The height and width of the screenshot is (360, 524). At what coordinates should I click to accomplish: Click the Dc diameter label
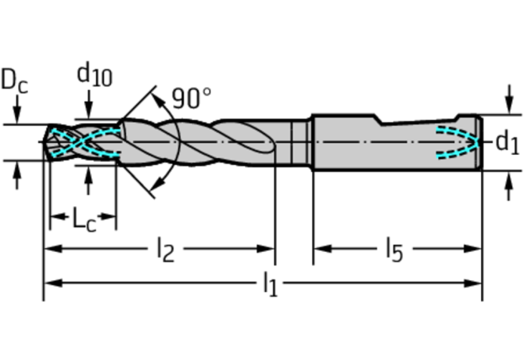tap(14, 81)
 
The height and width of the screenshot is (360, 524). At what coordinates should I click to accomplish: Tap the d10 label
tap(95, 74)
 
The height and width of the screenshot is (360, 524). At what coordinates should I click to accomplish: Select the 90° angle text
tap(192, 98)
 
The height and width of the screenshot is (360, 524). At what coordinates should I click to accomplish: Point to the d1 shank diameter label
tap(507, 142)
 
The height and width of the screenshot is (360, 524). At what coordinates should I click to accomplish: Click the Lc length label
tap(84, 219)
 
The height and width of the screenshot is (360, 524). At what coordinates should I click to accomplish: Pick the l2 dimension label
tap(166, 250)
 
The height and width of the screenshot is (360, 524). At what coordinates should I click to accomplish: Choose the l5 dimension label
tap(395, 250)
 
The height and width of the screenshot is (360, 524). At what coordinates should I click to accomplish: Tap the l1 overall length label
tap(271, 284)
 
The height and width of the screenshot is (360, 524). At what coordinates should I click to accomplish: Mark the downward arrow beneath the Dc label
tap(17, 110)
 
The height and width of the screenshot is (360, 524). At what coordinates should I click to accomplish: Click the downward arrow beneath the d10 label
tap(88, 104)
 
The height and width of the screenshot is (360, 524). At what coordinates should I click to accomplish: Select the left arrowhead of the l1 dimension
tap(53, 283)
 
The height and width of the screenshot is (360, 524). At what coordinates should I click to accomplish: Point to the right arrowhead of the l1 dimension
tap(472, 283)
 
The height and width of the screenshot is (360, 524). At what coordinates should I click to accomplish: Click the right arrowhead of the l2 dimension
tap(265, 249)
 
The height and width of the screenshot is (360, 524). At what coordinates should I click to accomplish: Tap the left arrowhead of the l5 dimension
tap(323, 249)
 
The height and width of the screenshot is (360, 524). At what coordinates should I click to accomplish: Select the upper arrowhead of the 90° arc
tap(158, 99)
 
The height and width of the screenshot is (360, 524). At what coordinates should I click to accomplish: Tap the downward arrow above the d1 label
tap(509, 99)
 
